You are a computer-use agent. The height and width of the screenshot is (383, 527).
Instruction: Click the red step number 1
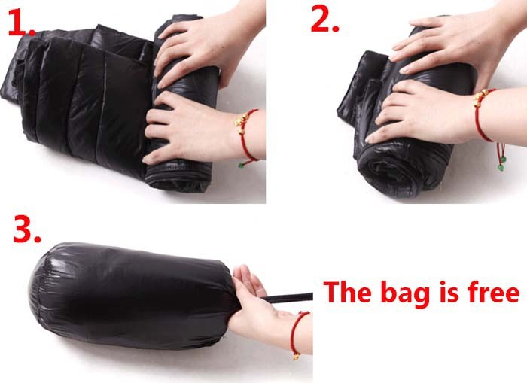coord(22,22)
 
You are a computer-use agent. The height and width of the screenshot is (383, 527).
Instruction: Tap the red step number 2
coord(324,19)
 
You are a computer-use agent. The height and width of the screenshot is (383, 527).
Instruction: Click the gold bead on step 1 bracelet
coord(242,120)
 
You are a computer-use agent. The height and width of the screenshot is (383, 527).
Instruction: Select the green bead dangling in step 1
coord(241,165)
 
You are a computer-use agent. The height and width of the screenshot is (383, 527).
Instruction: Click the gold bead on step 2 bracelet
coord(482,96)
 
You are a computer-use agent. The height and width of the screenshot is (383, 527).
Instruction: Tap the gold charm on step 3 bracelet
coord(296,356)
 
